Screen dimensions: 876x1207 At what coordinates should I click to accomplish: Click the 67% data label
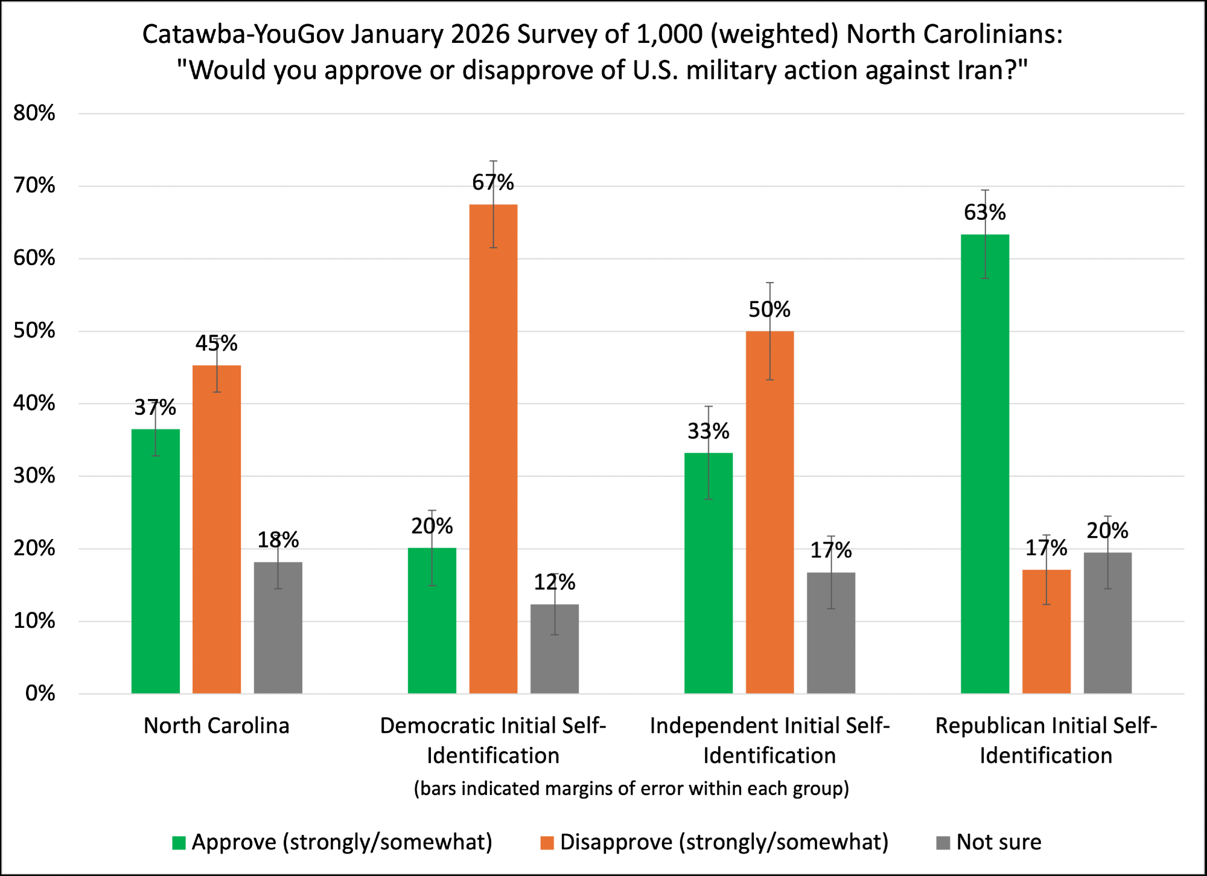[493, 182]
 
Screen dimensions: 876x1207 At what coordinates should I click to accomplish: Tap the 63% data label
[985, 213]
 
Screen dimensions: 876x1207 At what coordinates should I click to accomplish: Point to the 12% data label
[554, 583]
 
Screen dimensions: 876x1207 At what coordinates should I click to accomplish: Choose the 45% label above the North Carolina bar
[216, 344]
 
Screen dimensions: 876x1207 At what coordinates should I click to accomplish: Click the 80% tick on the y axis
[34, 113]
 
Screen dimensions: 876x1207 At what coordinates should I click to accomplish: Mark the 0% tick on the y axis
[40, 693]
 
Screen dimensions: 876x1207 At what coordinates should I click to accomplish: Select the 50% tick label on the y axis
[34, 331]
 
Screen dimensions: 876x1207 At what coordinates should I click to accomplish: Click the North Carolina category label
[216, 726]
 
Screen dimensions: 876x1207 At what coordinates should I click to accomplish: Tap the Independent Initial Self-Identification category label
[769, 740]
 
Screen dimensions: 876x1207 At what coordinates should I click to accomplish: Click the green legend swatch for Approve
[179, 843]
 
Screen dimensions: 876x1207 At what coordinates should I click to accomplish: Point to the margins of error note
[631, 788]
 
